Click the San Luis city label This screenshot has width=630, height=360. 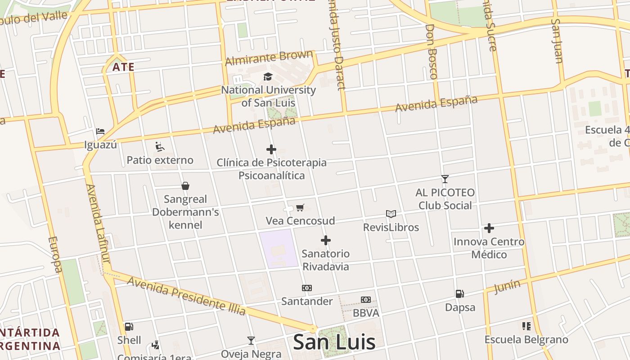pyautogui.click(x=334, y=342)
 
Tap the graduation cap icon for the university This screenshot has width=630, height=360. pyautogui.click(x=268, y=77)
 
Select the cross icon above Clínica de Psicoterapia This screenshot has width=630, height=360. pyautogui.click(x=271, y=149)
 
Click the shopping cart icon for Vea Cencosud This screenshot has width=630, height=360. pyautogui.click(x=300, y=207)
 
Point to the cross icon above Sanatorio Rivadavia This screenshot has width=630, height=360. pyautogui.click(x=326, y=240)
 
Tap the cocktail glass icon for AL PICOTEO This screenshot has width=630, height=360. pyautogui.click(x=445, y=179)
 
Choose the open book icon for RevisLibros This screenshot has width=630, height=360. pyautogui.click(x=391, y=214)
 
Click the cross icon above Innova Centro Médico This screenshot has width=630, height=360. pyautogui.click(x=489, y=229)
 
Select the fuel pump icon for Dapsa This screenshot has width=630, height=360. pyautogui.click(x=459, y=294)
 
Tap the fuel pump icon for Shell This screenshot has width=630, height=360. pyautogui.click(x=129, y=327)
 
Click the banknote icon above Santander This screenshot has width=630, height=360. pyautogui.click(x=306, y=288)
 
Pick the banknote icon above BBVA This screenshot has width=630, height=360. pyautogui.click(x=365, y=300)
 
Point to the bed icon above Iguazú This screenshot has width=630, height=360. pyautogui.click(x=100, y=131)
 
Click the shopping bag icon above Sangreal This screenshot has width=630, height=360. pyautogui.click(x=185, y=186)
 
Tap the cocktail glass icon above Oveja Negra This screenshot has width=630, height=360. pyautogui.click(x=251, y=341)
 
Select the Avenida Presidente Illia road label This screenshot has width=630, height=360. pyautogui.click(x=187, y=296)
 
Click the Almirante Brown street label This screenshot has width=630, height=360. pyautogui.click(x=269, y=58)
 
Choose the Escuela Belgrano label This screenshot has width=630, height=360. pyautogui.click(x=526, y=339)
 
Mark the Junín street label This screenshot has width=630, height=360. pyautogui.click(x=507, y=286)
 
